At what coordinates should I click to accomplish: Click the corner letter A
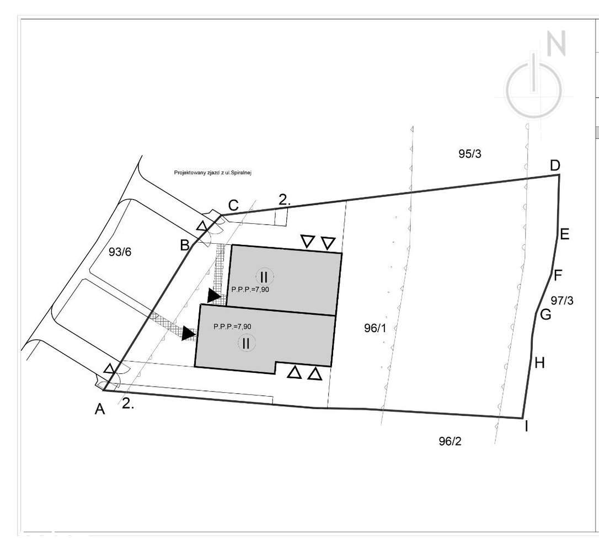click(100, 409)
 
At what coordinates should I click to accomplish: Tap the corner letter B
click(185, 245)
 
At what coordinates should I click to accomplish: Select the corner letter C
click(233, 206)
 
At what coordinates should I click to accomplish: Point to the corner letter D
click(555, 165)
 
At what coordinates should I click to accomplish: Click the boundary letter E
click(564, 234)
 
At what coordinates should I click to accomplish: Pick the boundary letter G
click(545, 315)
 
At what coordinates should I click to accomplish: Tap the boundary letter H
click(539, 362)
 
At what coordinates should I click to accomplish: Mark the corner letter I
click(526, 426)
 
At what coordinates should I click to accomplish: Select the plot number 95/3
click(470, 154)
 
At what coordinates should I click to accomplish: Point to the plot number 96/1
click(376, 328)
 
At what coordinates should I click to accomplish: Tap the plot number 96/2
click(451, 441)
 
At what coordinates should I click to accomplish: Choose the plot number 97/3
click(562, 301)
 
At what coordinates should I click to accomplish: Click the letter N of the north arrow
click(556, 44)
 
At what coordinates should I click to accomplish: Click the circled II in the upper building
click(264, 276)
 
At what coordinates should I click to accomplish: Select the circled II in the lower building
click(246, 344)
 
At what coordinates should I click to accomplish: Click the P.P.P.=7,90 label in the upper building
click(251, 289)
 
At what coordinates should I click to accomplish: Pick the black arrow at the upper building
click(213, 296)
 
